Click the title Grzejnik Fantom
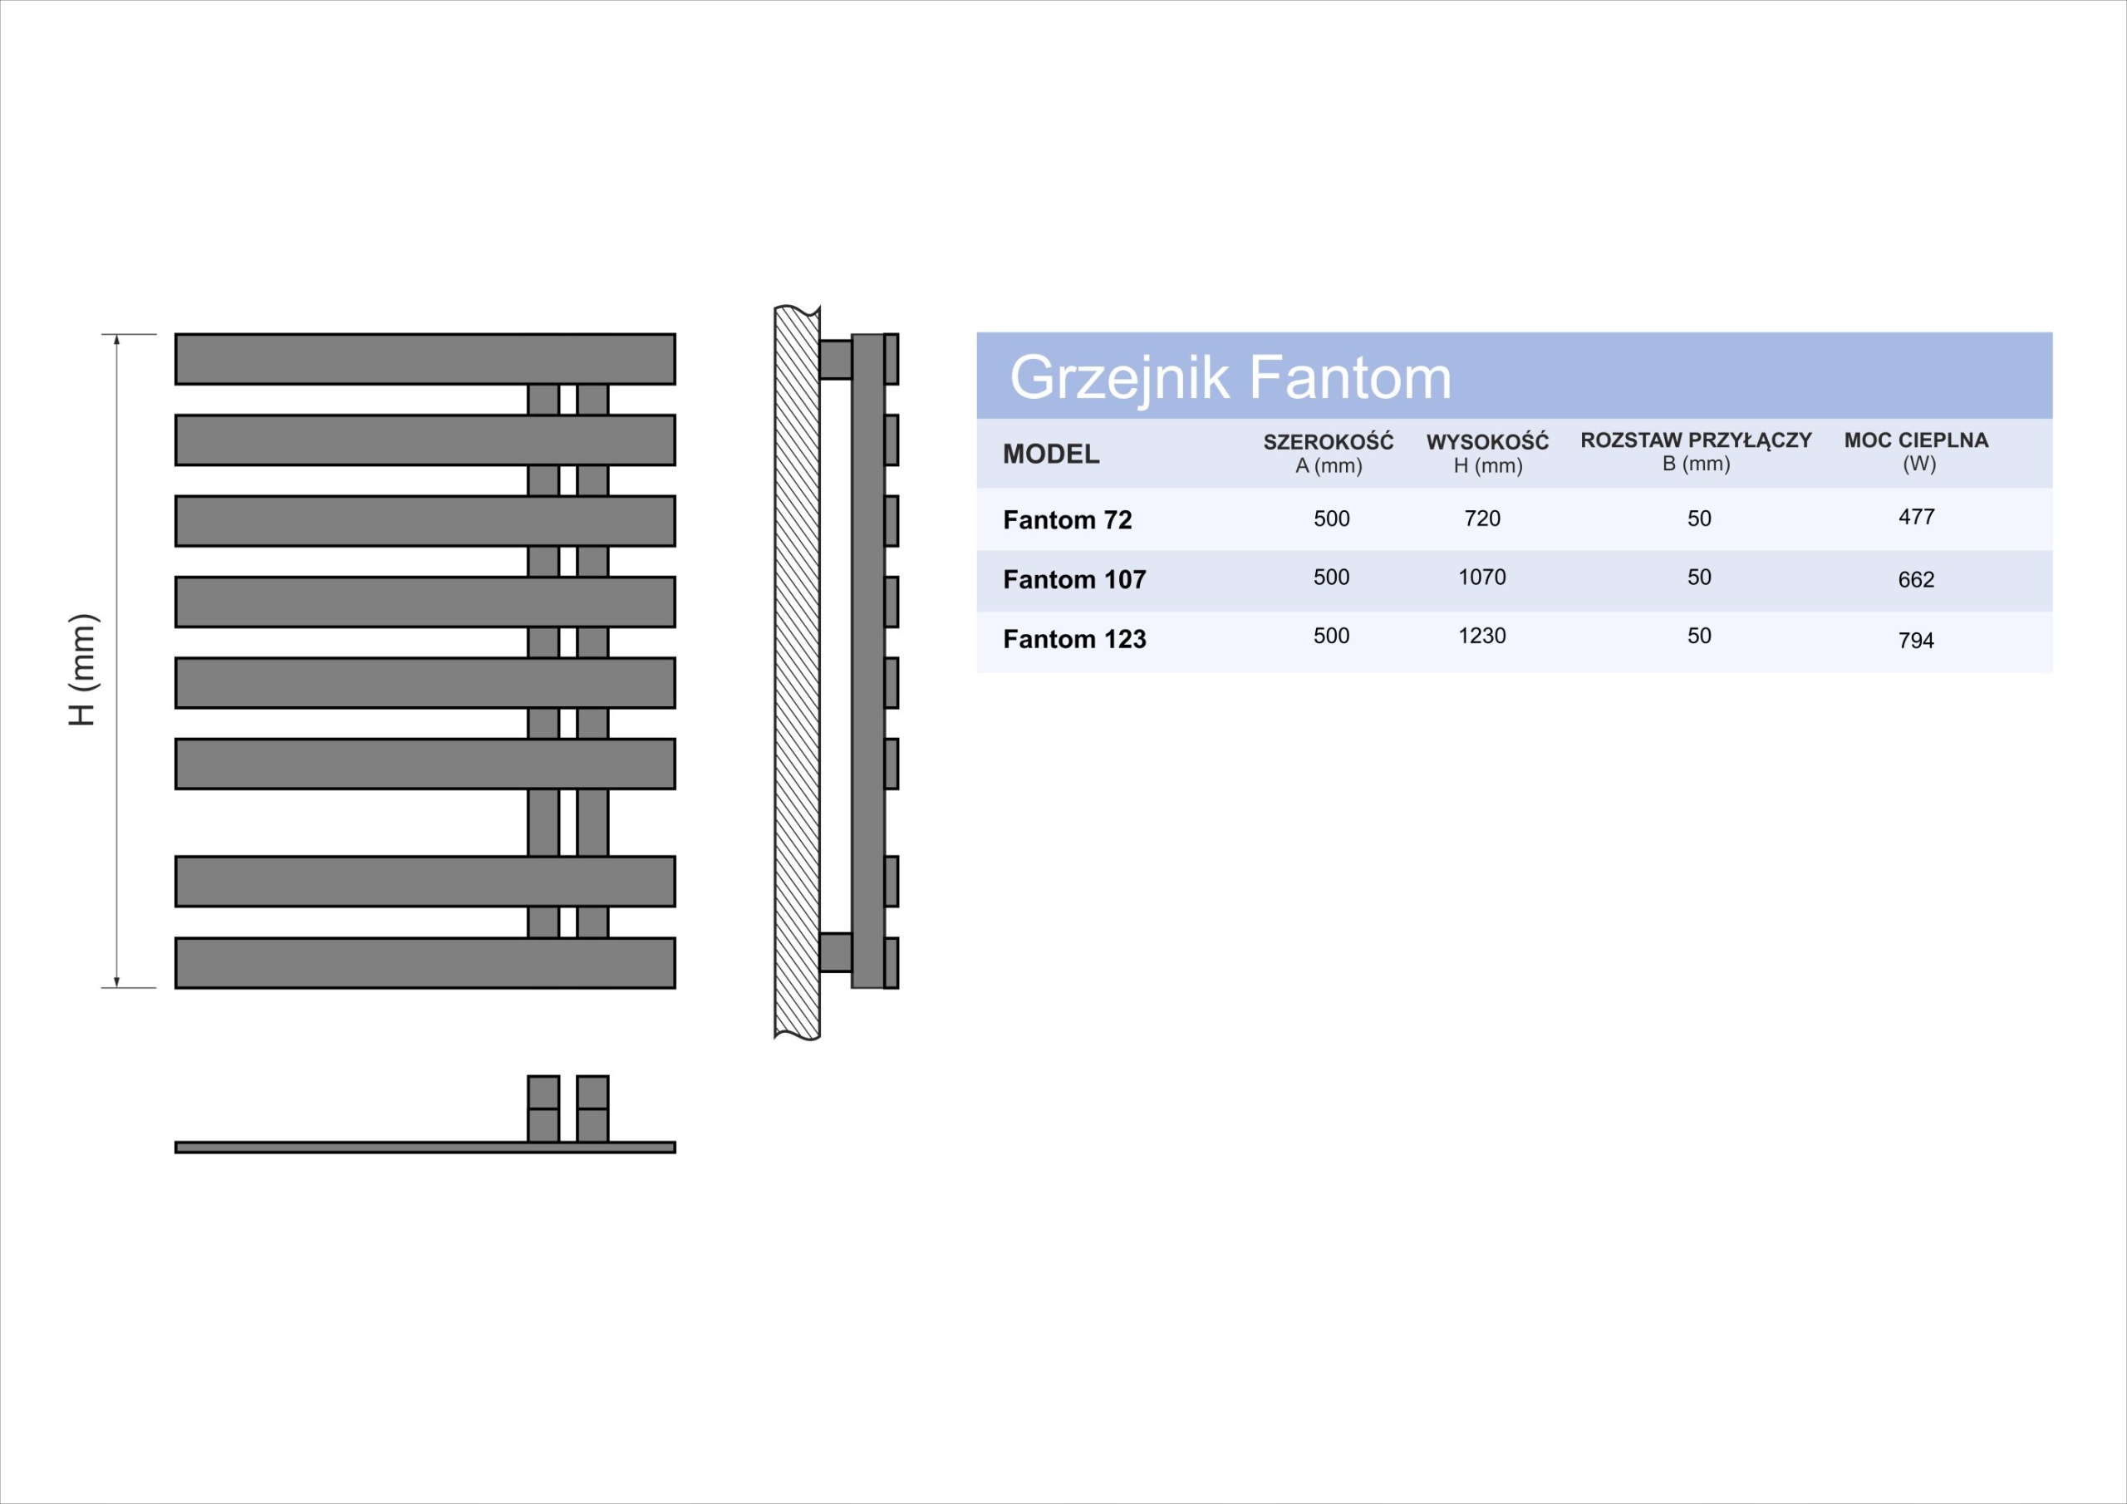(x=1230, y=377)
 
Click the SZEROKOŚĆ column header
(x=1328, y=452)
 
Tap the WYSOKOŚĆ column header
(x=1487, y=452)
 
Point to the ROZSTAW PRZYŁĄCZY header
(x=1695, y=450)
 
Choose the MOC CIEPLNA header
(x=1916, y=450)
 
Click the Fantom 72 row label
(x=1067, y=520)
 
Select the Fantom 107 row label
(x=1073, y=579)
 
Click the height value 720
(x=1481, y=518)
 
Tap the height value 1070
(x=1481, y=578)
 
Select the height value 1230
(x=1481, y=636)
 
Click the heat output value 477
(x=1916, y=516)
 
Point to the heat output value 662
(x=1916, y=579)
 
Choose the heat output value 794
(x=1916, y=640)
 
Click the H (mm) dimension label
(x=82, y=669)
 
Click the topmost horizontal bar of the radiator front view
(x=425, y=359)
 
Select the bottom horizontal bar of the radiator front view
(x=425, y=963)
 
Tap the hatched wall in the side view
(x=797, y=673)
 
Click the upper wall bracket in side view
(x=835, y=360)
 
